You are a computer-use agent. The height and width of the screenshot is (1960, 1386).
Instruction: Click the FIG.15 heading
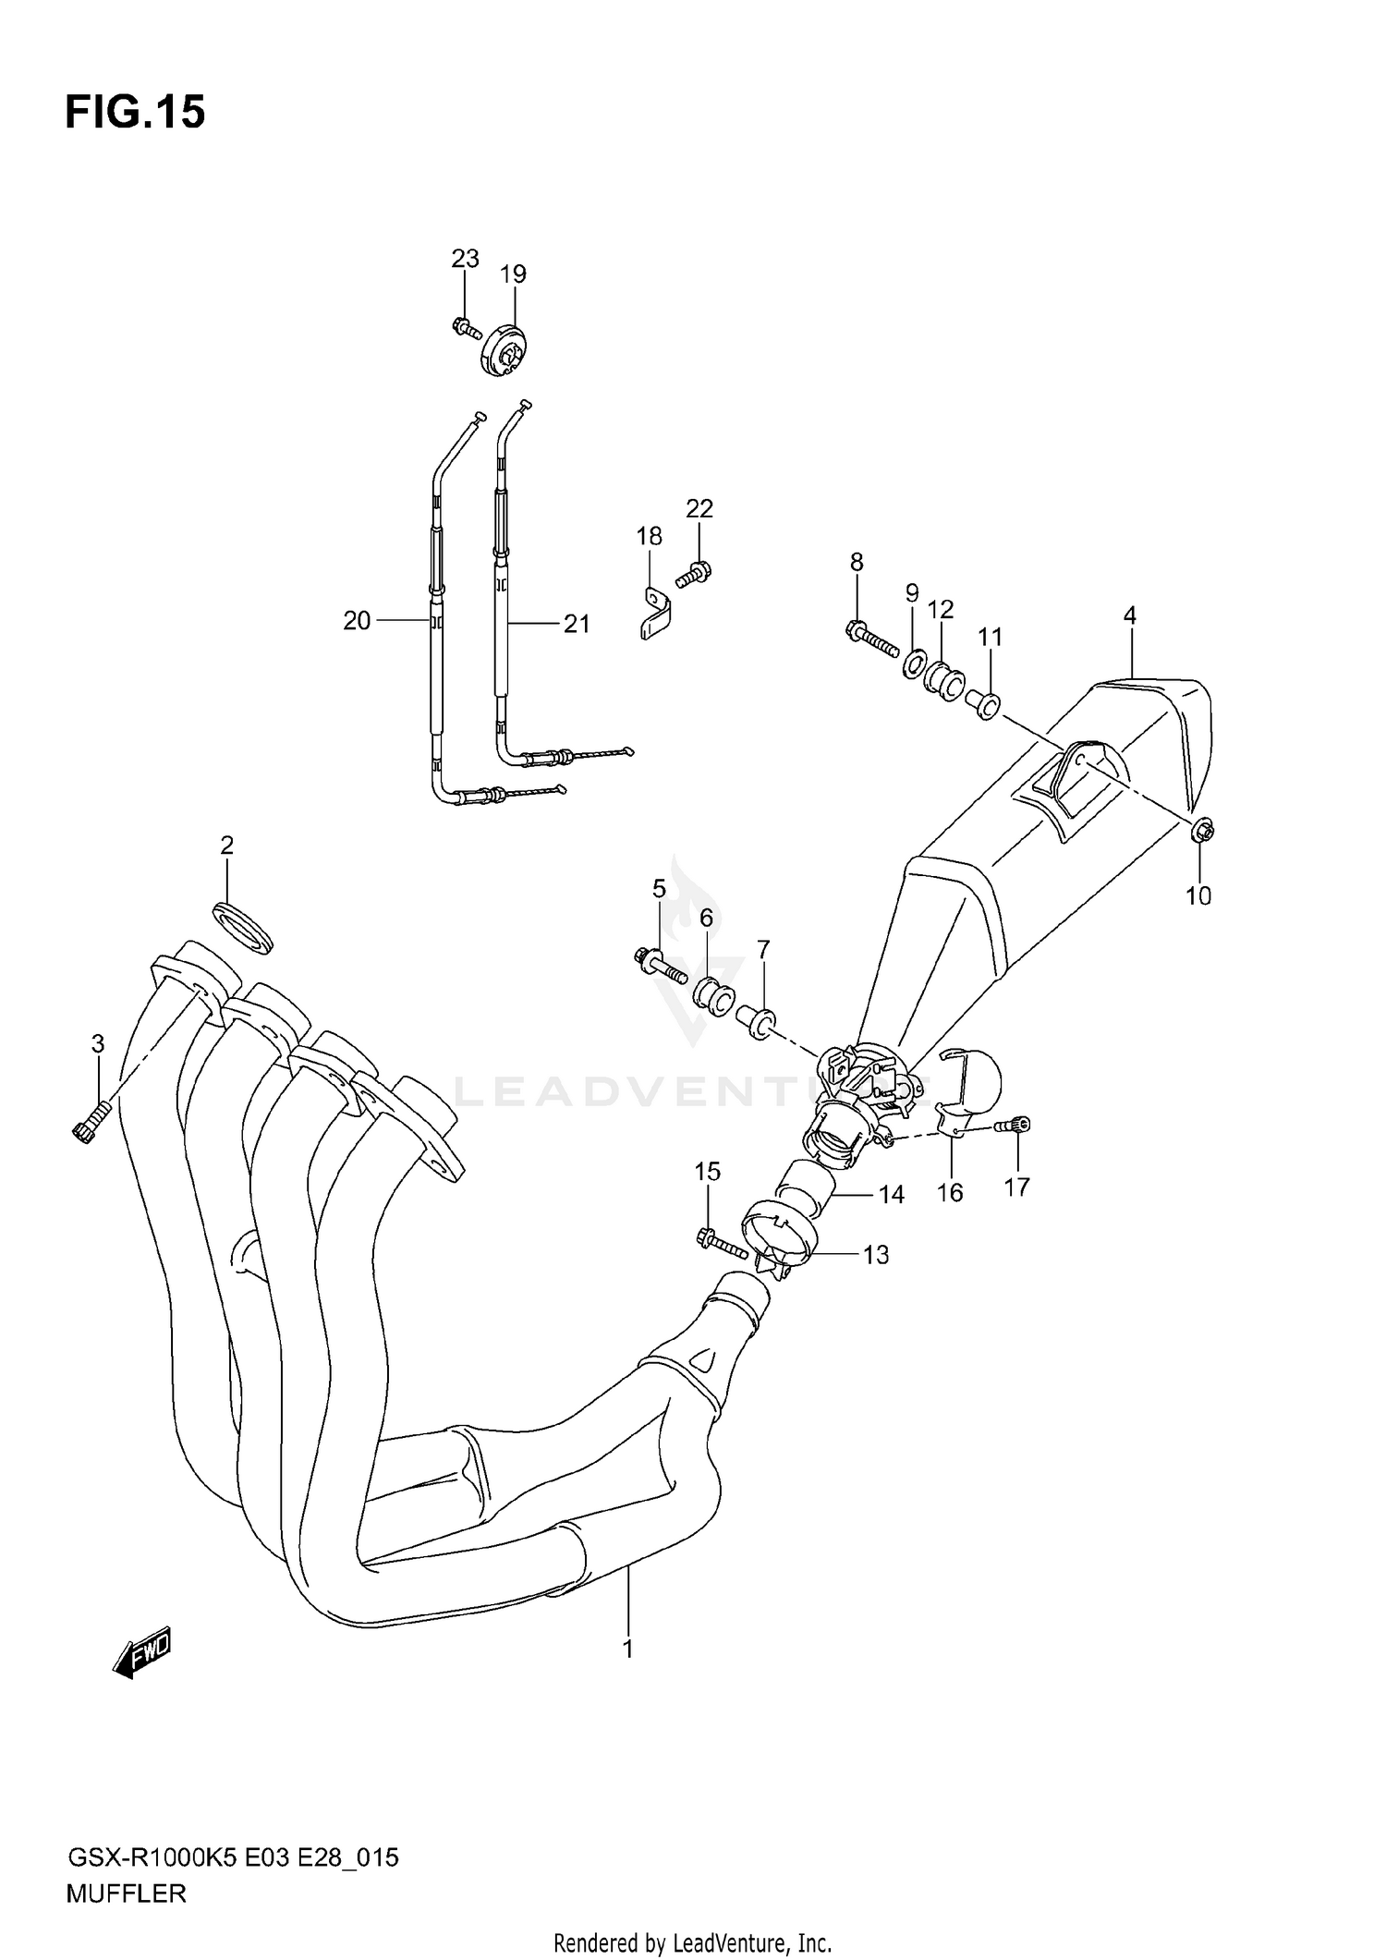[135, 112]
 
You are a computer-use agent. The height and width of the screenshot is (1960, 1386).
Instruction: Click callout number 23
[465, 259]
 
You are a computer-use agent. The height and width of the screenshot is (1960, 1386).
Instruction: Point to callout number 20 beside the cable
[357, 621]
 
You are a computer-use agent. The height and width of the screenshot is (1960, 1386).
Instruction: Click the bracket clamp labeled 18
[655, 615]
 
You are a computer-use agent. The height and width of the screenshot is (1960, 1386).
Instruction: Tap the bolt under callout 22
[692, 575]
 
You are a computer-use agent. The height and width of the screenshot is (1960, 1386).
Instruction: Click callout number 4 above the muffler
[1129, 615]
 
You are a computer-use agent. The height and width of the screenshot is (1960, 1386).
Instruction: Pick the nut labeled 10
[1202, 831]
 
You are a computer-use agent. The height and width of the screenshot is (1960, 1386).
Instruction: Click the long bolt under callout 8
[872, 639]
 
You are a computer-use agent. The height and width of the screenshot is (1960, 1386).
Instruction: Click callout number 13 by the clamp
[875, 1254]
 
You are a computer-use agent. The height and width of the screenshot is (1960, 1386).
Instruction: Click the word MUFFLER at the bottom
[126, 1893]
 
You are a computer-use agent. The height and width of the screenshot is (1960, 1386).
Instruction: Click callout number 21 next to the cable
[577, 624]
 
